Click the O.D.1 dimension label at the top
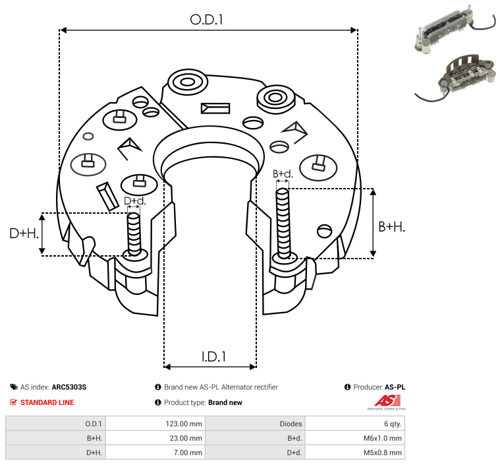point(207,20)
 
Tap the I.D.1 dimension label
point(214,357)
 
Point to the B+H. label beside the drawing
point(391,226)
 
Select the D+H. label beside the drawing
point(24,233)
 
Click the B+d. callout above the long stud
point(283,174)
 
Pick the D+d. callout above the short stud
point(134,201)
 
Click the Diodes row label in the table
point(290,423)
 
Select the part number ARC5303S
point(69,387)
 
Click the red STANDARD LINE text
point(47,402)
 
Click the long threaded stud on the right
point(283,222)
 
